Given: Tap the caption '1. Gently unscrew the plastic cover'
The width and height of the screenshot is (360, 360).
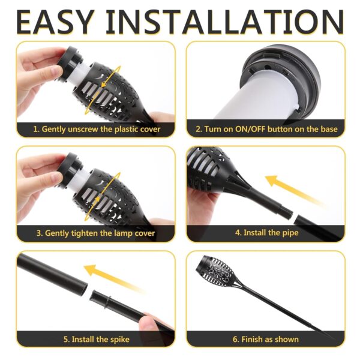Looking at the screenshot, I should click(96, 129).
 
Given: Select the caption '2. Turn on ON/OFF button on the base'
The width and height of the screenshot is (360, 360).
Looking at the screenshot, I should click(266, 129).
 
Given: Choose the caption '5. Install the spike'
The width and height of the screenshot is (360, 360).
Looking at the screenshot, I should click(96, 339).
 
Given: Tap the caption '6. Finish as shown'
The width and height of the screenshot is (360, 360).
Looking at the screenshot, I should click(266, 339).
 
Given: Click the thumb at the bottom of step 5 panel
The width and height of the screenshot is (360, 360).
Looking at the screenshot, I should click(150, 324).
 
